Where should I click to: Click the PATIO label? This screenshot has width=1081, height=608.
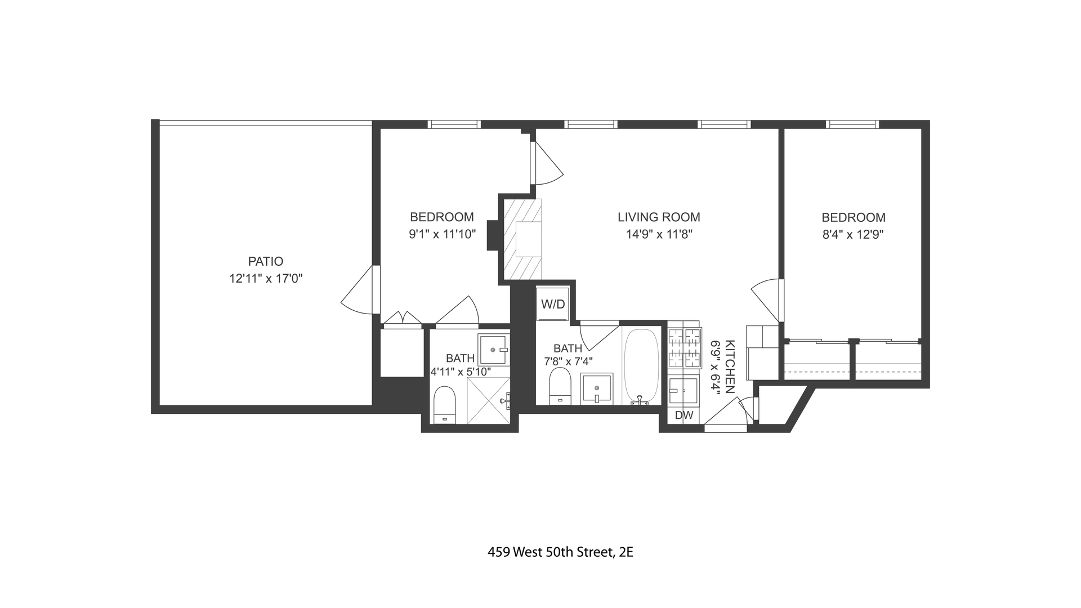266,261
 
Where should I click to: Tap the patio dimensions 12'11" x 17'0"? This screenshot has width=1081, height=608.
266,278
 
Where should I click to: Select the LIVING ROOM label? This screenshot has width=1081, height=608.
659,217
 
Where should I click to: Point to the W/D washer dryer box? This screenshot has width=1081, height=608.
553,304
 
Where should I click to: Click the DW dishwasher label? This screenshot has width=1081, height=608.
684,415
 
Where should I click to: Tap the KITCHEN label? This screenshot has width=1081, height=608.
730,366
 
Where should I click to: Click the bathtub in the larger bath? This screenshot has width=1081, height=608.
641,366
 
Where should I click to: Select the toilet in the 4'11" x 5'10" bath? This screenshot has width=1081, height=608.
444,404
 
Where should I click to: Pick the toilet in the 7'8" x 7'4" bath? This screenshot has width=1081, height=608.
560,386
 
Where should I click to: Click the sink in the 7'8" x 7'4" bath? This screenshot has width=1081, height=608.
597,389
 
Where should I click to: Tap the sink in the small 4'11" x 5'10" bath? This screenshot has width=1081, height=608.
493,350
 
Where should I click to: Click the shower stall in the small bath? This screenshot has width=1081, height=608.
489,400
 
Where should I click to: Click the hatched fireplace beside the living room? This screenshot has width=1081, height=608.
522,239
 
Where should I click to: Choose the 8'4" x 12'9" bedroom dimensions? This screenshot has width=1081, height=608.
853,234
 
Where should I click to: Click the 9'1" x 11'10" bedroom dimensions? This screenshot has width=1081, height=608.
443,234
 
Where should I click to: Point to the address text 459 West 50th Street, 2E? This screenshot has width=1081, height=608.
560,552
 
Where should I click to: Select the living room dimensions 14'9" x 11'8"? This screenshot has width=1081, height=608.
659,234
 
